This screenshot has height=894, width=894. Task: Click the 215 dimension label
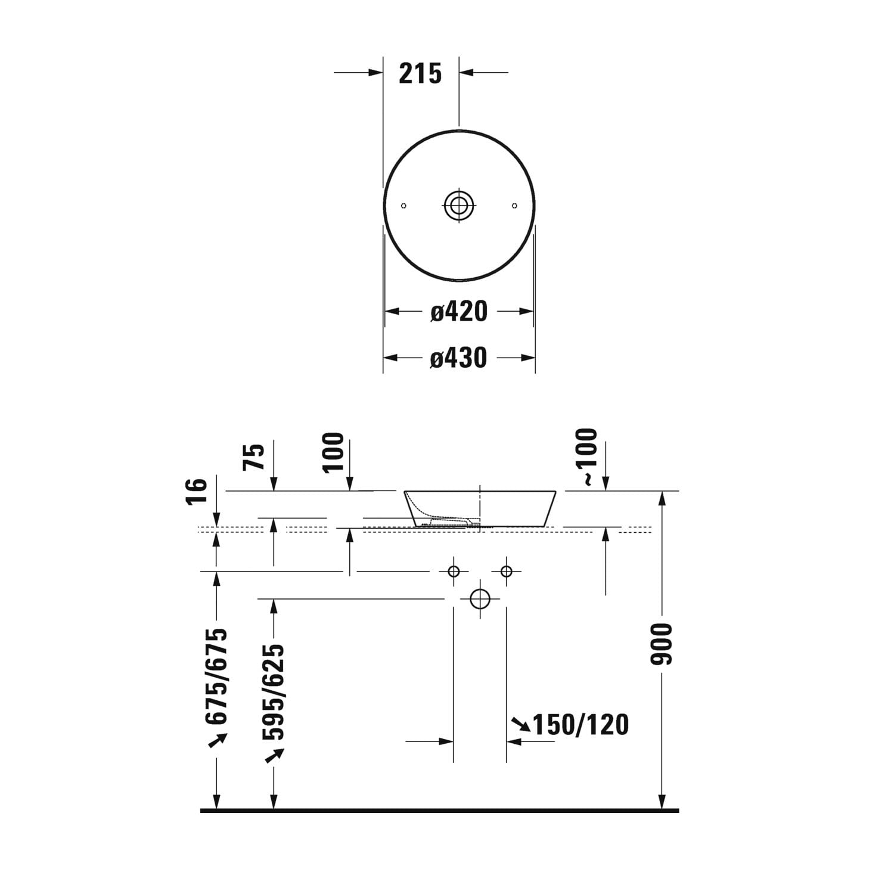pyautogui.click(x=420, y=73)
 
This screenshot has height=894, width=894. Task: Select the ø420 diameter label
pyautogui.click(x=459, y=311)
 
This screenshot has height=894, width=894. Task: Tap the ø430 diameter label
pyautogui.click(x=459, y=358)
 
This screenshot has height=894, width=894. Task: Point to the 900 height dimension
pyautogui.click(x=662, y=644)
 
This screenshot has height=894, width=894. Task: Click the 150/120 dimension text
pyautogui.click(x=581, y=725)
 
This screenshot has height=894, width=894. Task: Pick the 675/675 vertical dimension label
pyautogui.click(x=216, y=676)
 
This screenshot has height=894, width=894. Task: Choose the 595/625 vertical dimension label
pyautogui.click(x=274, y=691)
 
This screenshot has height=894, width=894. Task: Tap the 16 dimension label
pyautogui.click(x=197, y=491)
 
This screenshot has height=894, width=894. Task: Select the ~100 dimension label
pyautogui.click(x=586, y=457)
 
